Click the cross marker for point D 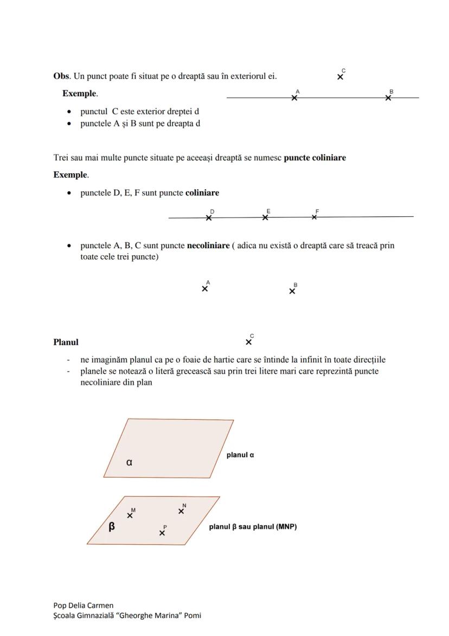pyautogui.click(x=209, y=218)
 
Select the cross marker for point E pyautogui.click(x=265, y=218)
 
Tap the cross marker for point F pyautogui.click(x=315, y=217)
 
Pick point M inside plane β pyautogui.click(x=130, y=515)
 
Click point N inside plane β pyautogui.click(x=181, y=511)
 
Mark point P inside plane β pyautogui.click(x=162, y=533)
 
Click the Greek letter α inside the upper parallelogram pyautogui.click(x=129, y=462)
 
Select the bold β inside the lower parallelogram pyautogui.click(x=112, y=526)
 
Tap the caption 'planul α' pyautogui.click(x=240, y=455)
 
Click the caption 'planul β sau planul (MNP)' pyautogui.click(x=253, y=527)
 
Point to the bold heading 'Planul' pyautogui.click(x=66, y=342)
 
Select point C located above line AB pyautogui.click(x=340, y=77)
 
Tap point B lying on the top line pyautogui.click(x=388, y=98)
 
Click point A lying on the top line pyautogui.click(x=294, y=98)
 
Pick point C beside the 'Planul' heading pyautogui.click(x=248, y=342)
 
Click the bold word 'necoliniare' pyautogui.click(x=208, y=245)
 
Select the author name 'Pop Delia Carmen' pyautogui.click(x=84, y=605)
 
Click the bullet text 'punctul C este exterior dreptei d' pyautogui.click(x=140, y=111)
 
